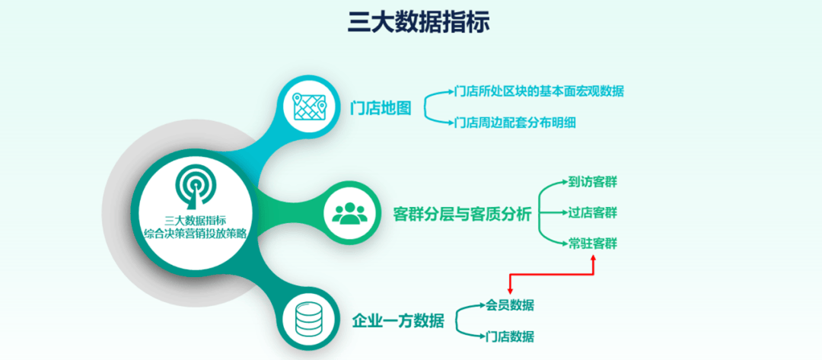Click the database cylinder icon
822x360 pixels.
click(308, 319)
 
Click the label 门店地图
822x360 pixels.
click(381, 108)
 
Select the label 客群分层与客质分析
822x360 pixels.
click(463, 215)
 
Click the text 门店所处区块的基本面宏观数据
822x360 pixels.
click(539, 91)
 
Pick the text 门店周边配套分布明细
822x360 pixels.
click(515, 123)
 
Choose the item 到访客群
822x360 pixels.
click(593, 182)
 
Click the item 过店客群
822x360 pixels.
click(593, 213)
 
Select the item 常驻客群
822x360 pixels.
click(593, 244)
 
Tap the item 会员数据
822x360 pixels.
click(510, 305)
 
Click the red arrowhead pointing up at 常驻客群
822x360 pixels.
click(594, 257)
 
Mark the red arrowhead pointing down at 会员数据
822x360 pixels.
click(510, 292)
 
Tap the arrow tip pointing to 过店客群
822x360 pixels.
click(567, 213)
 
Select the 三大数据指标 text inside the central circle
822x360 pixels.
click(195, 219)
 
